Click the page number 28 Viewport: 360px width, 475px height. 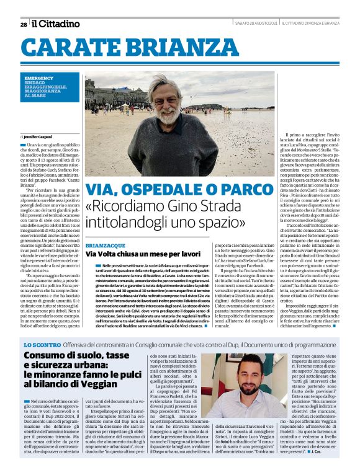(23, 24)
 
